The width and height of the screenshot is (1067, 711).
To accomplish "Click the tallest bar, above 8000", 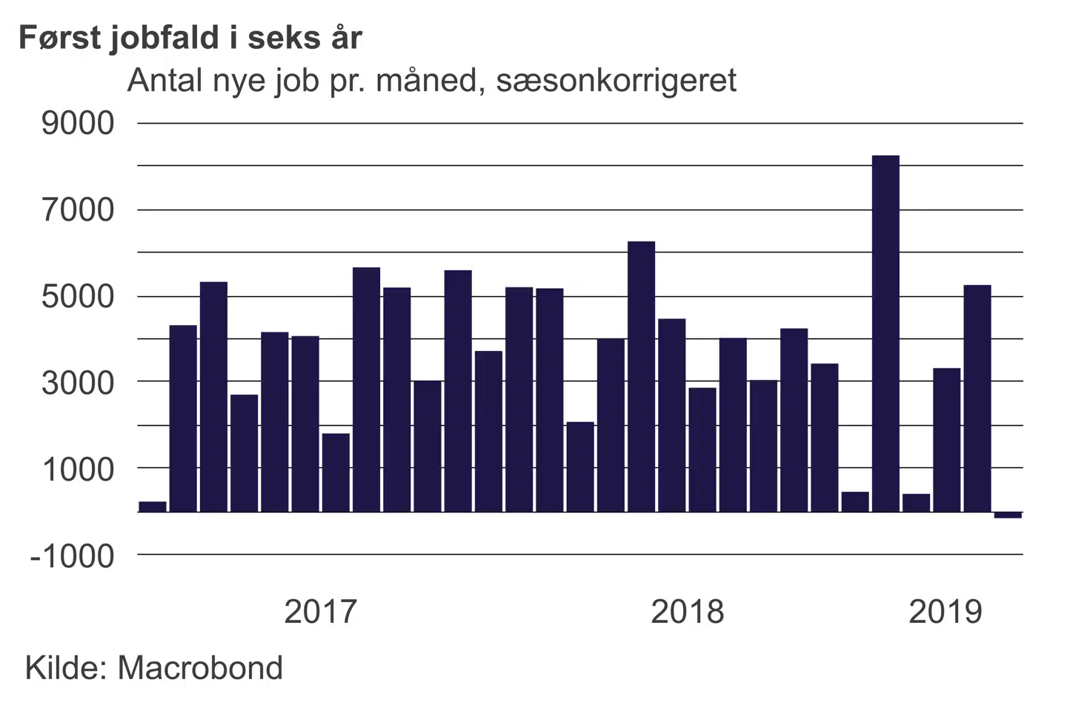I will (885, 333).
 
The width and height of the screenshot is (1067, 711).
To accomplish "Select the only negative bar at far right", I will (1008, 515).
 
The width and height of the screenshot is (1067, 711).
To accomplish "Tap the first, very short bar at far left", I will (153, 507).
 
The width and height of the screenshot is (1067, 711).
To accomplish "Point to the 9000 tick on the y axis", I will (79, 123).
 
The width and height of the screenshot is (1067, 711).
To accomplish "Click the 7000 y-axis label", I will (79, 210).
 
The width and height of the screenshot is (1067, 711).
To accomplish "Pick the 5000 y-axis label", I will (79, 296).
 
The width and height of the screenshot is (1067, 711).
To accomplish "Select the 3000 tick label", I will (79, 383).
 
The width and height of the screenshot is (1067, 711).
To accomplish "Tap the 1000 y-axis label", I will (79, 469).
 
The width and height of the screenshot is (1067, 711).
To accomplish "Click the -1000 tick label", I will (73, 555).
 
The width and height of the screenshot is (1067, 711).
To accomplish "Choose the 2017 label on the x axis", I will (320, 612).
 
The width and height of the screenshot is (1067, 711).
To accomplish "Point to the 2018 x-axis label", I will (687, 612).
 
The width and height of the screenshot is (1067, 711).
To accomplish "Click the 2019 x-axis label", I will (945, 612).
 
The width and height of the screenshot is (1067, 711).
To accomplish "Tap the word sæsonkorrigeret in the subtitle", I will (616, 81).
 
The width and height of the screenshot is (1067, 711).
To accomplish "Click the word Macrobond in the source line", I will (200, 668).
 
